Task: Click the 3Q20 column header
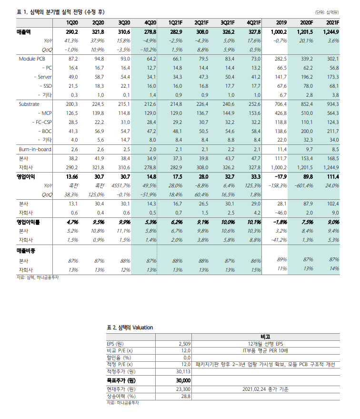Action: click(x=124, y=23)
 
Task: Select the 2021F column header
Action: click(x=332, y=23)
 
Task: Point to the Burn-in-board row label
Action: click(x=35, y=149)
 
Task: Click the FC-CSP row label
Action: click(x=43, y=122)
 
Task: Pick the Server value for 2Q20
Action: click(x=98, y=77)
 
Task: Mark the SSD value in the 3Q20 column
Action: click(x=124, y=86)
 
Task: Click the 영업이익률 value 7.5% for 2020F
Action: click(x=306, y=222)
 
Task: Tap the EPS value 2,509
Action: click(x=184, y=344)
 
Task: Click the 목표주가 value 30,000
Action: click(x=183, y=380)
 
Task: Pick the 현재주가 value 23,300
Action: click(x=183, y=389)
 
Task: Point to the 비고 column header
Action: click(x=265, y=337)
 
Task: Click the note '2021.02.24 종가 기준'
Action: click(x=265, y=389)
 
